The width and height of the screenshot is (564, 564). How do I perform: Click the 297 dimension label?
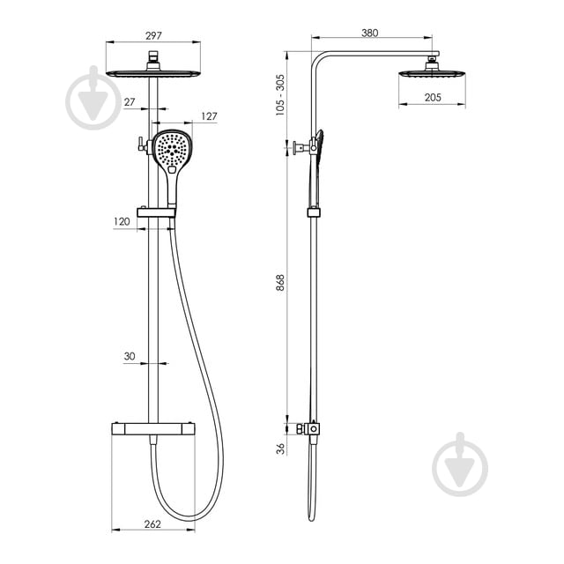153,35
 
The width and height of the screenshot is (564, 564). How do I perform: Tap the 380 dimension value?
370,33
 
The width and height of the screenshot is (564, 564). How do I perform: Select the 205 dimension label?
433,98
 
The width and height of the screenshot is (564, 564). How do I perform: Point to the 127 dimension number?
209,116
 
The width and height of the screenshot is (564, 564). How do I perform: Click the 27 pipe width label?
130,102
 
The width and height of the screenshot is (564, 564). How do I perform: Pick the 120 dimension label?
122,221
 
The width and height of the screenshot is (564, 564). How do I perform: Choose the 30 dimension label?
130,356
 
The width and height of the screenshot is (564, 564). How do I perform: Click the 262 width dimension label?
152,524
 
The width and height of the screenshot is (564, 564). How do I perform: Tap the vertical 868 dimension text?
280,282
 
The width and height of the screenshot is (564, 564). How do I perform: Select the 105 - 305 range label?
280,95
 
